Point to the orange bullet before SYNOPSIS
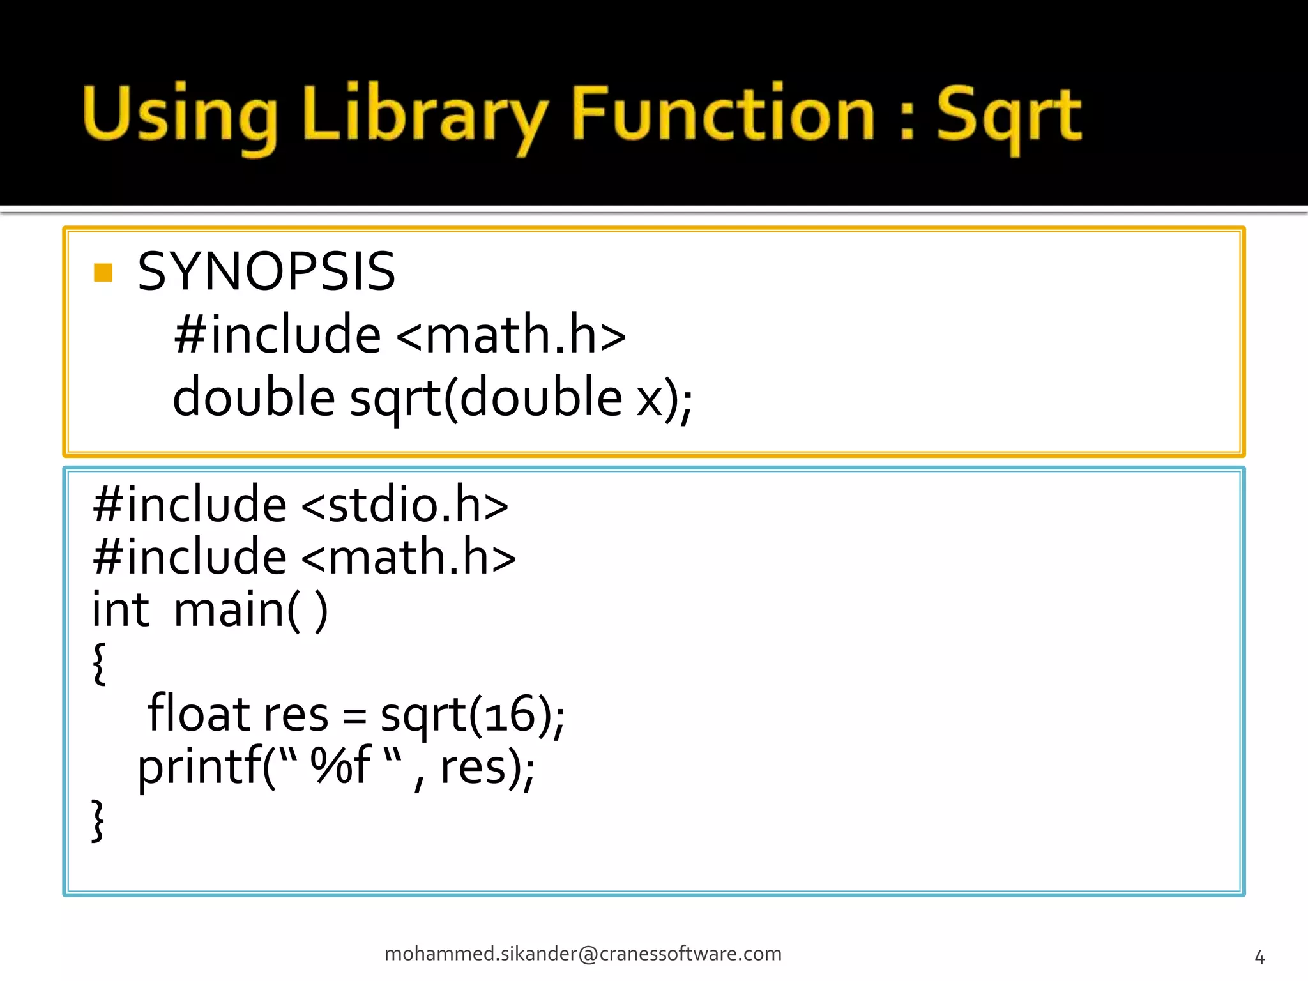click(x=103, y=273)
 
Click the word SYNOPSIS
click(x=266, y=271)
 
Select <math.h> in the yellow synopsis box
click(x=511, y=335)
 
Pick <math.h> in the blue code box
click(x=408, y=557)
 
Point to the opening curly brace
click(x=99, y=663)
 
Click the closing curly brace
click(x=98, y=820)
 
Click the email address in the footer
click(x=582, y=954)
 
